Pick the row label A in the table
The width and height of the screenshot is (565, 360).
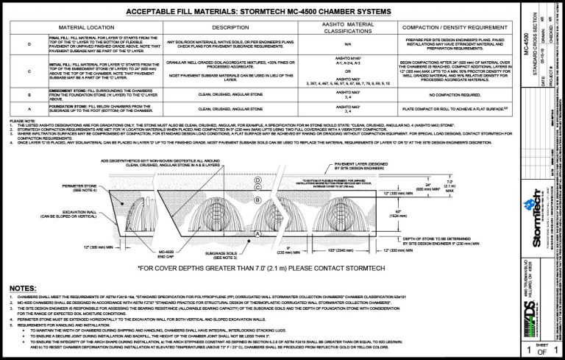pos(29,109)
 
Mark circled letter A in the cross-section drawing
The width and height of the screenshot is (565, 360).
pos(256,233)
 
